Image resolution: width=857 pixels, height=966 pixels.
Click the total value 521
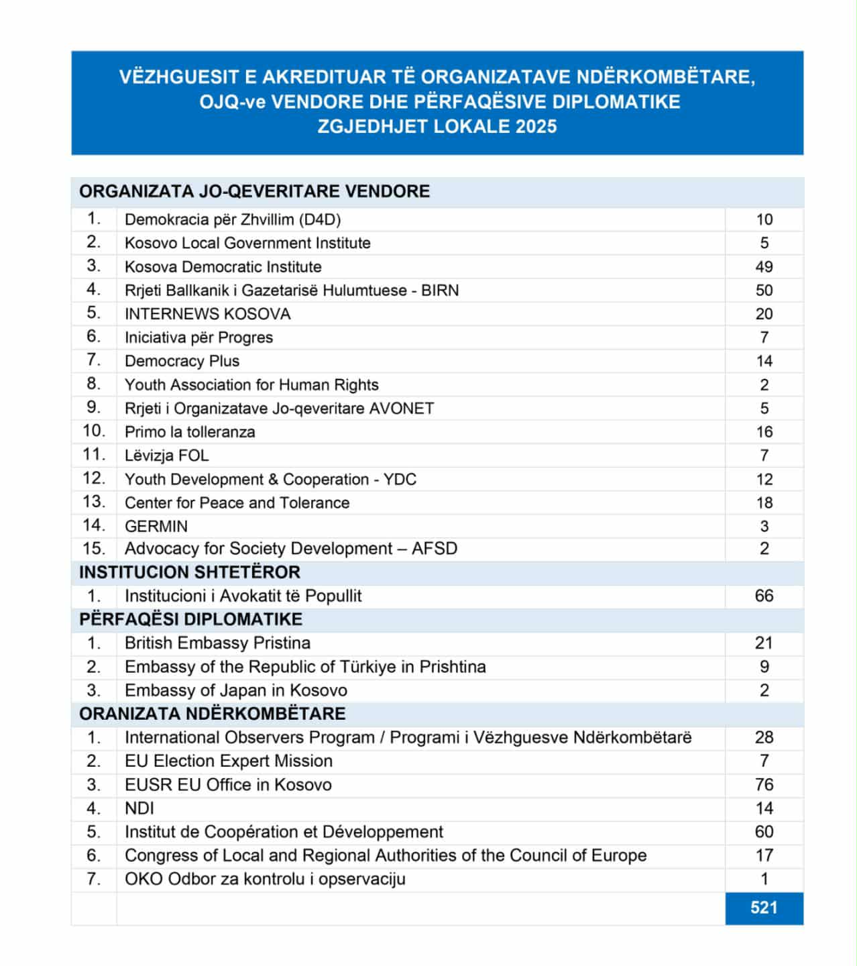(764, 908)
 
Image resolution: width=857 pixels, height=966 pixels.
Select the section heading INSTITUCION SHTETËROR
(190, 572)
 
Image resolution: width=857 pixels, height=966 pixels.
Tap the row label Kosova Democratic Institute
(223, 267)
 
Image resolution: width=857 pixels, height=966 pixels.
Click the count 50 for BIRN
(764, 290)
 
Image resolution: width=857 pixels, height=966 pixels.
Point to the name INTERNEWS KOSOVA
(207, 314)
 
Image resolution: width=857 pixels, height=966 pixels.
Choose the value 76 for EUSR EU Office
(764, 785)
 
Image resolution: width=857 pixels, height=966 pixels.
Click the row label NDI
(139, 808)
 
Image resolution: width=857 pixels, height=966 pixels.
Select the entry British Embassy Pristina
(217, 643)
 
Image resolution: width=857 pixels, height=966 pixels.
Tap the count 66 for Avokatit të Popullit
(764, 596)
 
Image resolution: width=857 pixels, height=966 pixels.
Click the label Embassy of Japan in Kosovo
(235, 690)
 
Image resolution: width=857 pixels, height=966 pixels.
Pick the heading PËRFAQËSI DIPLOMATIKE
(190, 619)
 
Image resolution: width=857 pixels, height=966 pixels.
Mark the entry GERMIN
(156, 527)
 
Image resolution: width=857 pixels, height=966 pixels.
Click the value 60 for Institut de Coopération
(764, 832)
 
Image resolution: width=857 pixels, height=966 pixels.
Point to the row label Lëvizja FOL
(166, 455)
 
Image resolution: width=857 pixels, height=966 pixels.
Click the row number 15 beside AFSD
(94, 549)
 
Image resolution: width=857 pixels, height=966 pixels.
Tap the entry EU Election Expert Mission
(228, 761)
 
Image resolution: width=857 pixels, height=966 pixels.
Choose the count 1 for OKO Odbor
(764, 879)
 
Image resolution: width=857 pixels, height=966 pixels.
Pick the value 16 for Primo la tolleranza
(764, 432)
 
